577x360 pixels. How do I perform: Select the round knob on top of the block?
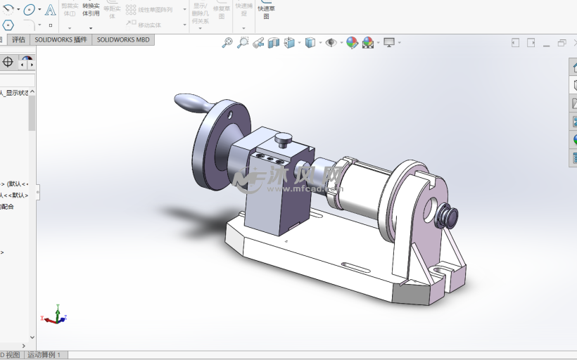point(284,139)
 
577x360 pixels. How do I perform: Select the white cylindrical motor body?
point(363,187)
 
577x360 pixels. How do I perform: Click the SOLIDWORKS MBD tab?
point(123,40)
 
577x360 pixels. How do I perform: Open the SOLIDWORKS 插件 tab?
point(61,40)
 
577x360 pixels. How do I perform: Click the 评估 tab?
point(18,40)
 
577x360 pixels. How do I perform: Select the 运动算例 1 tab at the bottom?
point(44,355)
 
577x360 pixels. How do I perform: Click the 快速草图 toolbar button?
point(266,9)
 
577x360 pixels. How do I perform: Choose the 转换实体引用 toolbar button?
point(91,9)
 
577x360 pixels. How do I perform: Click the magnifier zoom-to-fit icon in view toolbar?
point(227,43)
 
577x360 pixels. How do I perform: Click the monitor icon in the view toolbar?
point(389,43)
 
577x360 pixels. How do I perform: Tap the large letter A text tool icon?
point(51,10)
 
